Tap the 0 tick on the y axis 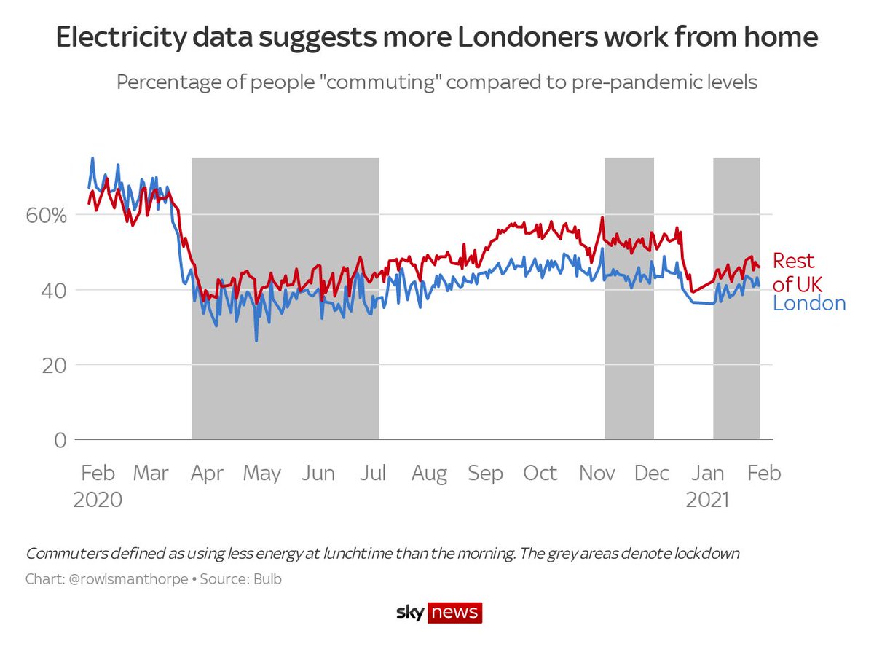point(60,440)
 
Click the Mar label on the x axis point(151,474)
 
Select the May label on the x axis point(261,474)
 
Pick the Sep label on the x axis point(485,474)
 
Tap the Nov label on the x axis point(597,474)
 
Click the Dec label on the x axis point(652,474)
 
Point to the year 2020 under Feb point(98,500)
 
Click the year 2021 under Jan point(708,500)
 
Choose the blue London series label point(809,304)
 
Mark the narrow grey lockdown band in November point(629,299)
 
